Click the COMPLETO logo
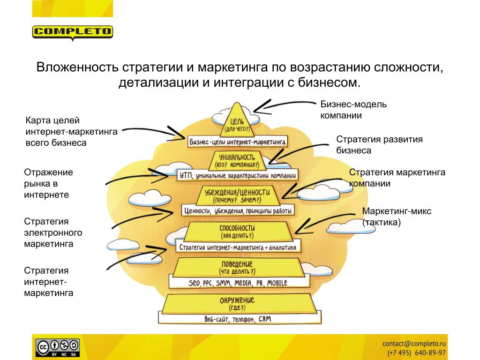[x=73, y=32]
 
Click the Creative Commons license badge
[x=58, y=347]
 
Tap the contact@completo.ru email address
[x=414, y=343]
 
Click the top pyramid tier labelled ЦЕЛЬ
[x=237, y=123]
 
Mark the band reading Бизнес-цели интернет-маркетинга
[x=238, y=141]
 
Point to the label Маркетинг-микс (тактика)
[x=397, y=217]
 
